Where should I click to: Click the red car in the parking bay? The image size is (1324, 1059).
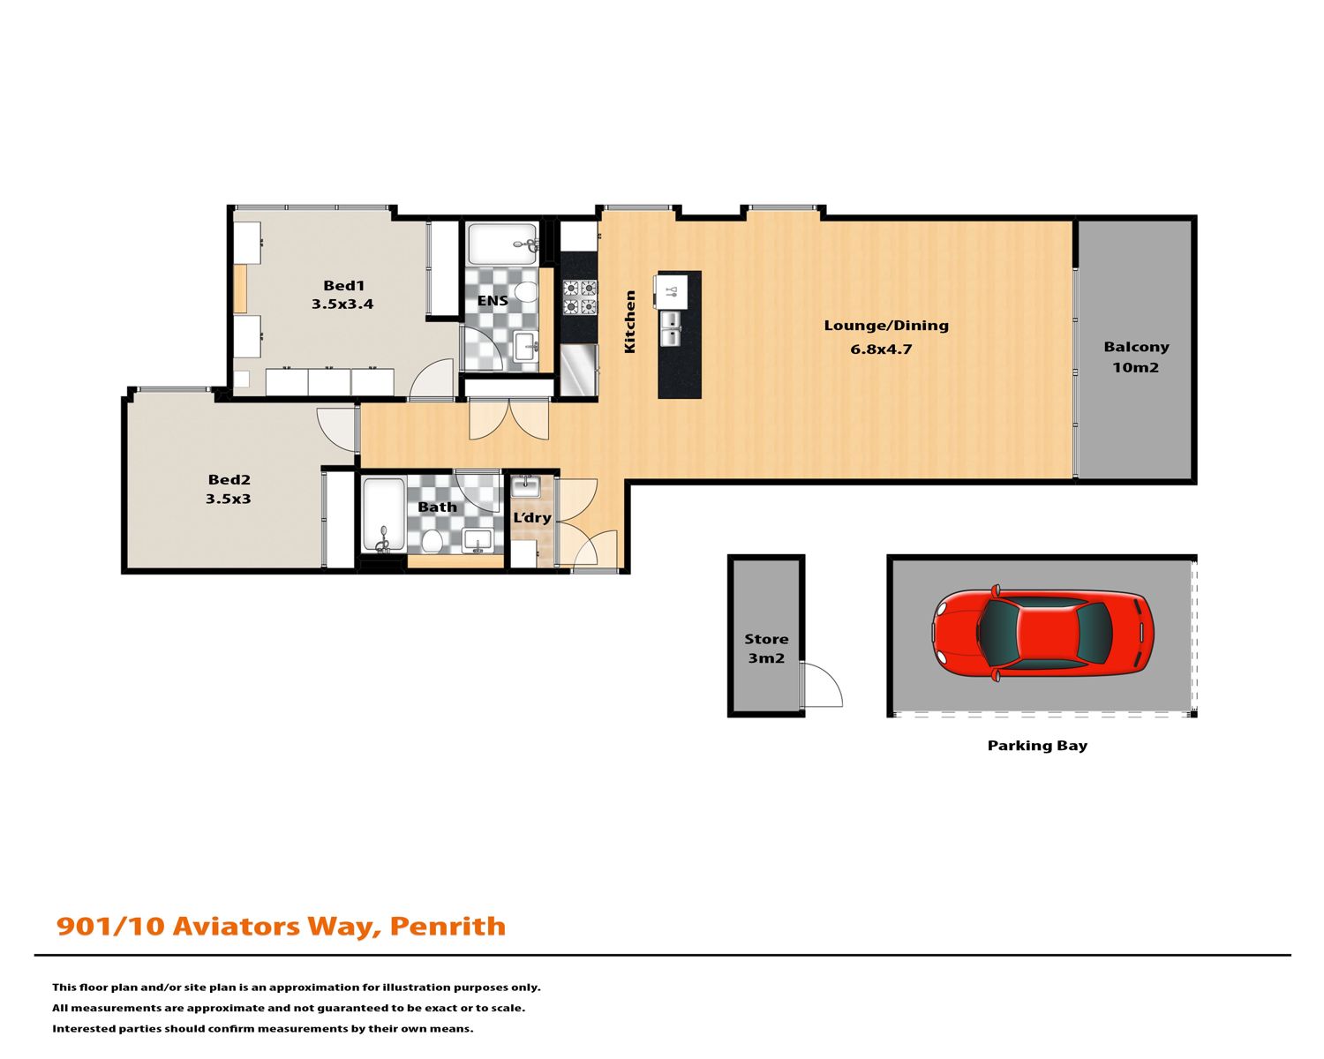point(1042,633)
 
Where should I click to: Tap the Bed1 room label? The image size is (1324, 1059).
point(344,286)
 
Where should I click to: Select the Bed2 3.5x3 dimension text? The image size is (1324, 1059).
point(229,499)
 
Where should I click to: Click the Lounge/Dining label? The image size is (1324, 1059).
point(886,327)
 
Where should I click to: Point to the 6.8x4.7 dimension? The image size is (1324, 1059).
point(881,349)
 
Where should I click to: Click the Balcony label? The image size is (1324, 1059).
point(1136,347)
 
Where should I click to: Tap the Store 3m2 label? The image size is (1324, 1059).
point(766,649)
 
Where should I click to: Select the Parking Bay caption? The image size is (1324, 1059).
point(1037,746)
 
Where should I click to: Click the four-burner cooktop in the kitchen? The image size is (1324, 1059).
point(580,297)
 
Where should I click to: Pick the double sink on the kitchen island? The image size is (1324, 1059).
point(670,328)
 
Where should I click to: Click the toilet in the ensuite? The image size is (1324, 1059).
point(525,291)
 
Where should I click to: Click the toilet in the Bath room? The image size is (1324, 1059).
point(433,541)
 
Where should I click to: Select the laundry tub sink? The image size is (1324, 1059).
point(525,487)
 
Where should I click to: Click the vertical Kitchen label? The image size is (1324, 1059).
point(629,322)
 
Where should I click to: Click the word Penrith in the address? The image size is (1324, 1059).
point(448,927)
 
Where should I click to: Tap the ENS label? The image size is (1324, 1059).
point(493,301)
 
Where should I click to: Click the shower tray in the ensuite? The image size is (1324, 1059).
point(502,244)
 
